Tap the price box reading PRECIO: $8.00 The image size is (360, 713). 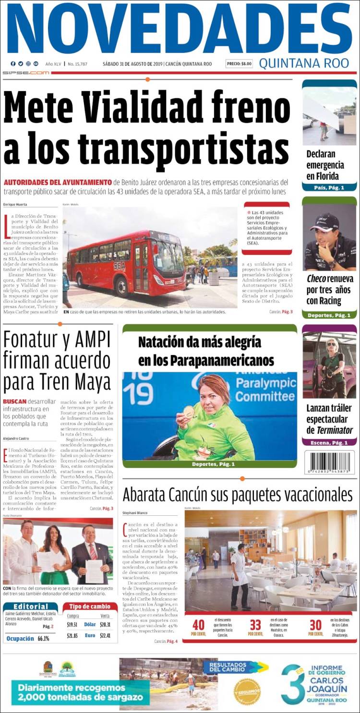[x=239, y=64]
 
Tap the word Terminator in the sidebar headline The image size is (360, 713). [x=335, y=430]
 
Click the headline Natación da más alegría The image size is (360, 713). [x=199, y=342]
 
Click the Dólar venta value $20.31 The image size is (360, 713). [x=105, y=624]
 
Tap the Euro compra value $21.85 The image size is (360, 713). [x=72, y=635]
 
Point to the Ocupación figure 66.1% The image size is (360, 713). [x=43, y=639]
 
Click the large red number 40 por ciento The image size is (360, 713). [x=198, y=625]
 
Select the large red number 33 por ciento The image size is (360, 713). [x=255, y=625]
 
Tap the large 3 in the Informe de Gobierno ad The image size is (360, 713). [x=293, y=683]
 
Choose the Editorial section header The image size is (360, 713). [x=30, y=606]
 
